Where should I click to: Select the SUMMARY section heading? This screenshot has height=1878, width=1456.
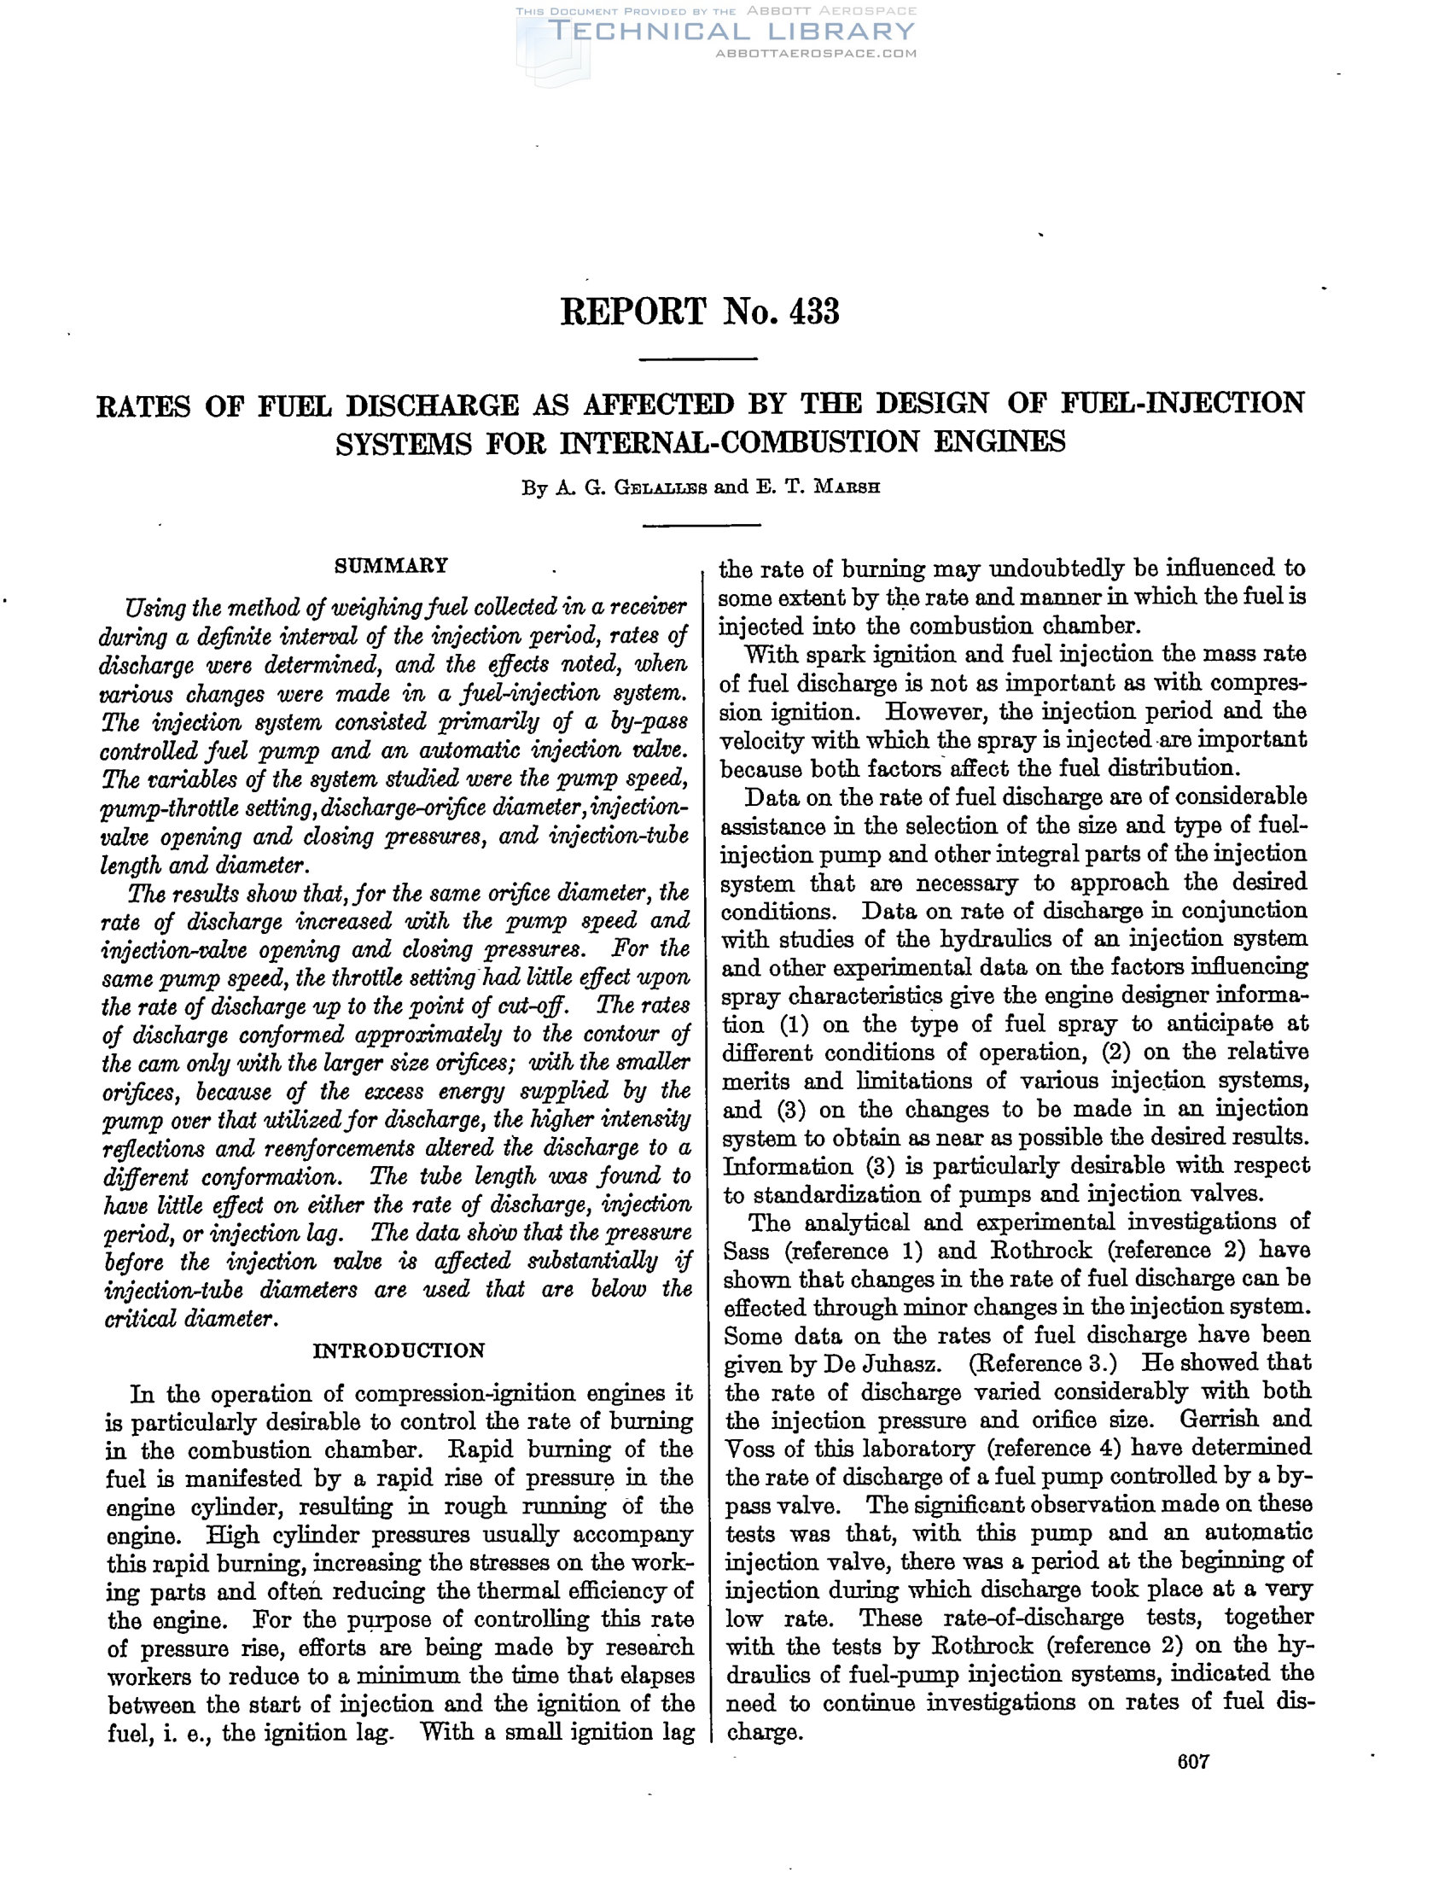pyautogui.click(x=391, y=565)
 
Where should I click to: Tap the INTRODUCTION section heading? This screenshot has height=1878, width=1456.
pyautogui.click(x=398, y=1350)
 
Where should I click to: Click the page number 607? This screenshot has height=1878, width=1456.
pyautogui.click(x=1193, y=1761)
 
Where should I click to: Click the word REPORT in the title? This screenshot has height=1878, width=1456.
pyautogui.click(x=633, y=312)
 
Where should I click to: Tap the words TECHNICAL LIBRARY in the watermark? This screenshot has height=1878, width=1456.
pyautogui.click(x=731, y=32)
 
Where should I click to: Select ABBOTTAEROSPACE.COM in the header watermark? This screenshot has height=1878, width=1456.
pyautogui.click(x=816, y=53)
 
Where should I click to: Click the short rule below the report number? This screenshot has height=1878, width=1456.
pyautogui.click(x=699, y=359)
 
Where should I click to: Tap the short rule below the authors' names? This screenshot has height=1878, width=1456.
pyautogui.click(x=702, y=524)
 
